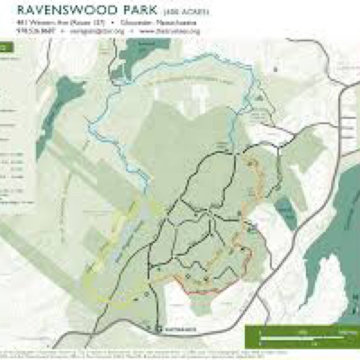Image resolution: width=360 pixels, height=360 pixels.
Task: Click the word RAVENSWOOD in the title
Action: coord(65,10)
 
